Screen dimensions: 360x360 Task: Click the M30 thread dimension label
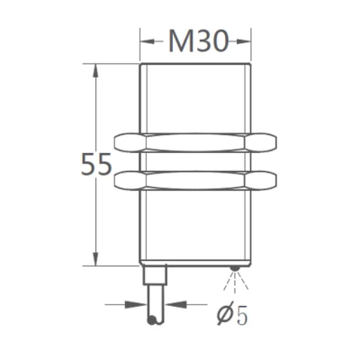194,40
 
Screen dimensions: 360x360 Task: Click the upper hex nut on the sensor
194,142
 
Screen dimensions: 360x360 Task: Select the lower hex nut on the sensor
194,181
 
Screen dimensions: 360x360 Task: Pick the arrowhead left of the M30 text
146,40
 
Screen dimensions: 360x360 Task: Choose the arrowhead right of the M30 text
244,40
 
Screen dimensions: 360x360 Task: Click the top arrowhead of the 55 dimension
94,69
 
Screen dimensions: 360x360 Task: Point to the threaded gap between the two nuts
194,162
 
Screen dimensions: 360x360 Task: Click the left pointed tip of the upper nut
118,141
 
